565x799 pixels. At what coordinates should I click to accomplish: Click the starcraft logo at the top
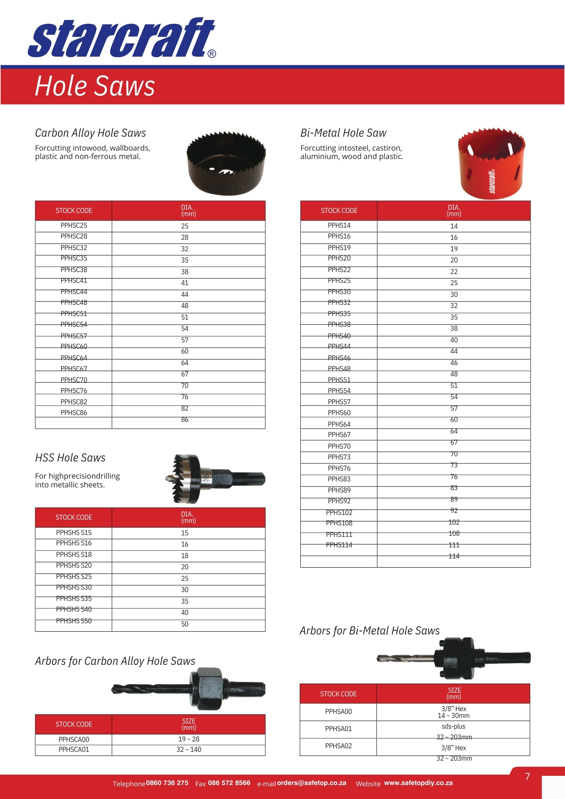122,38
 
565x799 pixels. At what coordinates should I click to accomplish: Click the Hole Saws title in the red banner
95,86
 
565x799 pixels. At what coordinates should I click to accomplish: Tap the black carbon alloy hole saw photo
226,164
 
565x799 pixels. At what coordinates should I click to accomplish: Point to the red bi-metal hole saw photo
491,164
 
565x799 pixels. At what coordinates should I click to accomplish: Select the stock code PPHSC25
74,226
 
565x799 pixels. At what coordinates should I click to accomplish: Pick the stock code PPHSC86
74,413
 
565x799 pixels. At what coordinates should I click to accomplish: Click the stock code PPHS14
339,226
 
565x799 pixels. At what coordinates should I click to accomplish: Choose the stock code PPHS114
339,545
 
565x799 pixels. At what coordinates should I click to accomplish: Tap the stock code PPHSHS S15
74,533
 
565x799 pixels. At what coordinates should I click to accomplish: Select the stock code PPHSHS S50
74,621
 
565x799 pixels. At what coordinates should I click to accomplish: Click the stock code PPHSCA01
74,749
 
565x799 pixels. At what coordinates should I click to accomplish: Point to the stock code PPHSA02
338,746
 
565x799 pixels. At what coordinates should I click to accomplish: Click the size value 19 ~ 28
189,739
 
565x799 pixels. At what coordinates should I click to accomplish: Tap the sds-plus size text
454,726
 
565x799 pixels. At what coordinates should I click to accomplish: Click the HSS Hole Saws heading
70,458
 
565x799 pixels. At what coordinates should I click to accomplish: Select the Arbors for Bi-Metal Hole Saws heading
370,631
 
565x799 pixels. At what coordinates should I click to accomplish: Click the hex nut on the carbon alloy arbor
207,688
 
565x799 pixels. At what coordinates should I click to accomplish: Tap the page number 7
527,777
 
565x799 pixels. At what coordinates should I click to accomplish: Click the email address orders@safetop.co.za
312,783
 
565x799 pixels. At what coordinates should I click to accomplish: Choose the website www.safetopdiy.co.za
418,783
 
